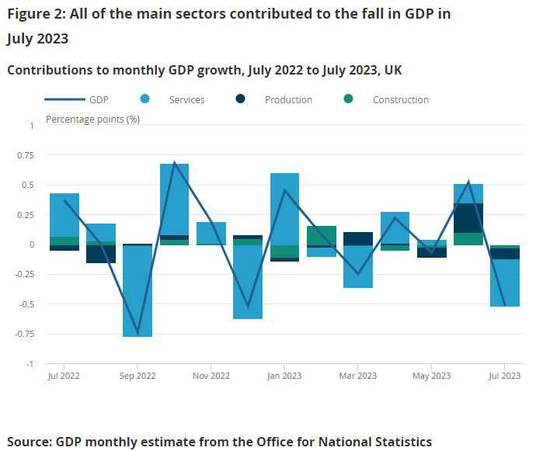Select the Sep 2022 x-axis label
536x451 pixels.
tap(137, 376)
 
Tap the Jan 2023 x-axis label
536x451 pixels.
tap(284, 376)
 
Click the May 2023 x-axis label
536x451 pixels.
tap(431, 376)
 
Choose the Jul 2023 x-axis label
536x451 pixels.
tap(504, 376)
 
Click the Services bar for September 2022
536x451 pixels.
tap(137, 291)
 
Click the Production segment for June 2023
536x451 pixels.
tap(468, 218)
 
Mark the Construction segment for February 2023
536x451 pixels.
tap(322, 235)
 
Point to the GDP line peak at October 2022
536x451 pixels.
tap(175, 162)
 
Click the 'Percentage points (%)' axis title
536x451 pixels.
tap(92, 120)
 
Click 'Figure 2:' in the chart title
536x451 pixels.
tap(36, 13)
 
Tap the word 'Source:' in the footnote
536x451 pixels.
tap(29, 442)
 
